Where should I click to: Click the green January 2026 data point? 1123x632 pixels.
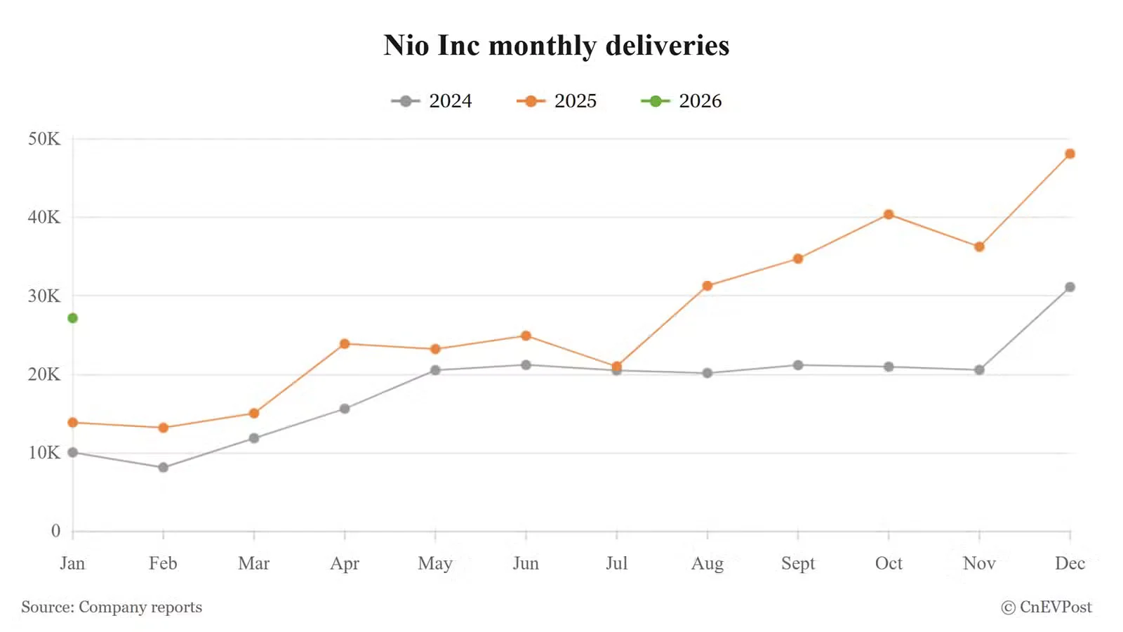click(x=72, y=318)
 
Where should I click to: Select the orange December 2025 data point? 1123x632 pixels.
click(x=1070, y=154)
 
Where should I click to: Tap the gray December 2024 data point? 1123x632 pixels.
click(x=1070, y=287)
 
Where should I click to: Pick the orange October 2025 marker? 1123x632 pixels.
click(x=889, y=214)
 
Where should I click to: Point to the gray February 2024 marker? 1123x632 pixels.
click(x=163, y=468)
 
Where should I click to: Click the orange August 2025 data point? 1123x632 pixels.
click(x=707, y=286)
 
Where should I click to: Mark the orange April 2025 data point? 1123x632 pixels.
click(x=345, y=344)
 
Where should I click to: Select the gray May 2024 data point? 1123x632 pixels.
click(x=435, y=370)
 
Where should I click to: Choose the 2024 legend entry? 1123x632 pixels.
click(x=432, y=101)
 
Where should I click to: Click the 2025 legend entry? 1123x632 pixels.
click(x=557, y=101)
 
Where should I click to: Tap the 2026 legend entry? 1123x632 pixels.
click(x=682, y=101)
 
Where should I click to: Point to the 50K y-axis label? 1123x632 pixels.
click(x=44, y=139)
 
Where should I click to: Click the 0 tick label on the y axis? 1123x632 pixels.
click(x=55, y=532)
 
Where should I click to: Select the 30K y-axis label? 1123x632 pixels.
click(x=44, y=296)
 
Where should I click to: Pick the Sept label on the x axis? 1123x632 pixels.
click(x=798, y=563)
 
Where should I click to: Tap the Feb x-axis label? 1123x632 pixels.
click(x=163, y=563)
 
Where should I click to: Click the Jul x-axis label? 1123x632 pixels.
click(x=616, y=563)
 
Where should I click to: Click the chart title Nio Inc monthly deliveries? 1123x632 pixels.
click(x=557, y=46)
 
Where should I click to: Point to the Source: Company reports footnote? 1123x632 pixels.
click(x=112, y=607)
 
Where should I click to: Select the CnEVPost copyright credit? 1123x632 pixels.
click(x=1046, y=607)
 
